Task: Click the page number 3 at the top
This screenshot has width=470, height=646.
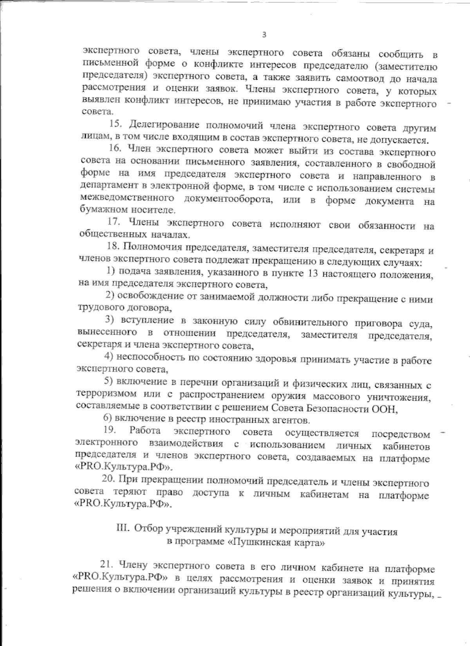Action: pos(264,35)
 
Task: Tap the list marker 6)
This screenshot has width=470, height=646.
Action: pos(108,420)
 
